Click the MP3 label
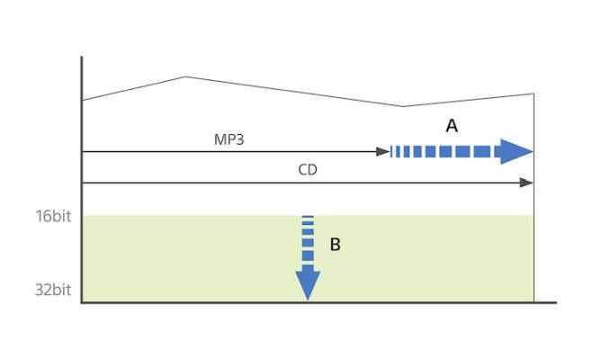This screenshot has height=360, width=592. click(x=229, y=140)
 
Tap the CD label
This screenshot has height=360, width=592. click(x=308, y=170)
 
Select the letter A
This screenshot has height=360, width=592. click(x=452, y=127)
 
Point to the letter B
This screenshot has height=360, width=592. click(x=335, y=244)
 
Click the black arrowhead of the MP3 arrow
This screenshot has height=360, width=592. click(x=384, y=152)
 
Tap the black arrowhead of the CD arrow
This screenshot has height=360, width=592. click(x=527, y=183)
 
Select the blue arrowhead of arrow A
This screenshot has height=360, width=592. click(x=516, y=152)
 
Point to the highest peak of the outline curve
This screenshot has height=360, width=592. click(x=185, y=77)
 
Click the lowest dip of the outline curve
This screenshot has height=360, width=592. click(x=402, y=107)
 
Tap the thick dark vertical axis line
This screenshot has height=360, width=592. click(x=82, y=180)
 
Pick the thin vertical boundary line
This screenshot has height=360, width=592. click(x=534, y=243)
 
